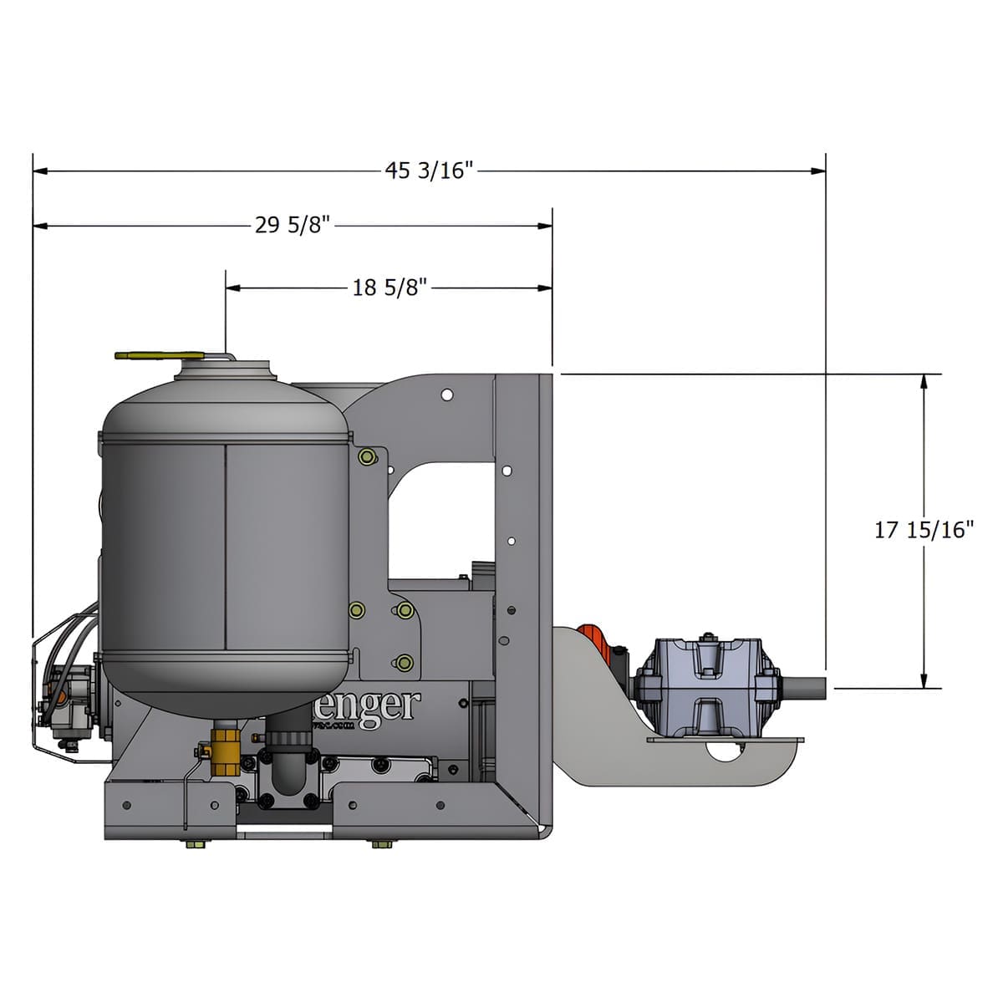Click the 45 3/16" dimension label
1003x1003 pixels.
tap(429, 171)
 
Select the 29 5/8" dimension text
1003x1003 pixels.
tap(293, 226)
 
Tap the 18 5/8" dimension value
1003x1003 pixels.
tap(389, 288)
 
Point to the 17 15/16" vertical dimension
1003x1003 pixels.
tap(924, 530)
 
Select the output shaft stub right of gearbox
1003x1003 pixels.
tap(805, 688)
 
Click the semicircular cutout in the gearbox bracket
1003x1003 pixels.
tap(724, 751)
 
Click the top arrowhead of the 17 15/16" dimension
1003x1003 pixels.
tap(924, 380)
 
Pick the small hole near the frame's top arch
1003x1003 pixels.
tap(448, 392)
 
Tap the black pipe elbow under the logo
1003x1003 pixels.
tap(288, 765)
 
